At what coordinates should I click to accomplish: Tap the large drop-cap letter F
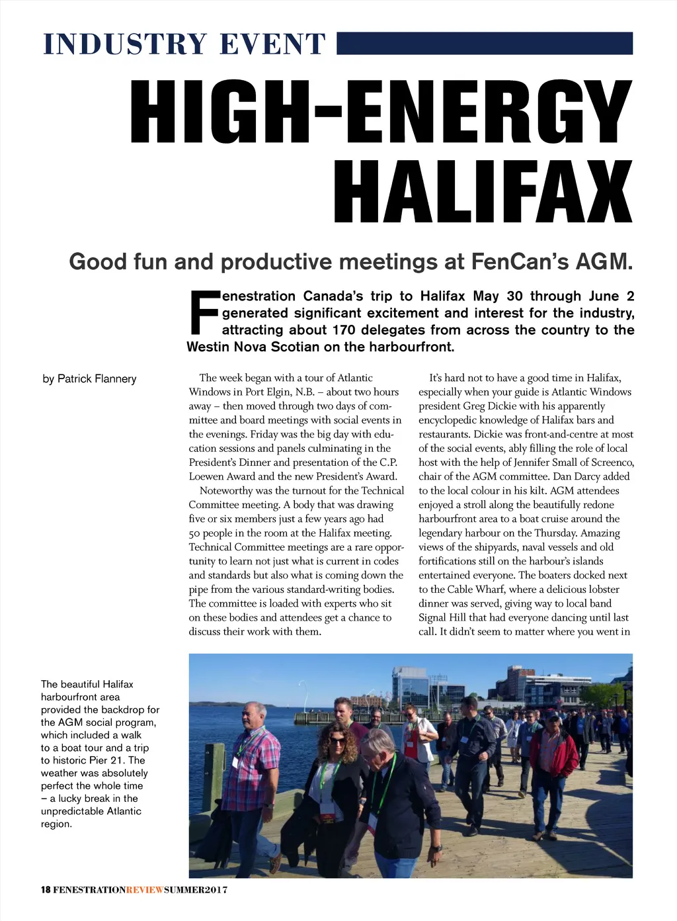pos(204,312)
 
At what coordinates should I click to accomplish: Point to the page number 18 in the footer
pos(46,889)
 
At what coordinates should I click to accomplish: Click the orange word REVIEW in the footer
pos(144,889)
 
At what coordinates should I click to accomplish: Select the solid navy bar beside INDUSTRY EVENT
pos(485,43)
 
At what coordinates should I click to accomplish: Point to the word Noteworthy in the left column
pos(226,490)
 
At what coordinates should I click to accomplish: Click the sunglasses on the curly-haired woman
pos(337,740)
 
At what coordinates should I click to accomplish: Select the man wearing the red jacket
pos(553,767)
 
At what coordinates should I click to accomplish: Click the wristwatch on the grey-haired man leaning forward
pos(437,848)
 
